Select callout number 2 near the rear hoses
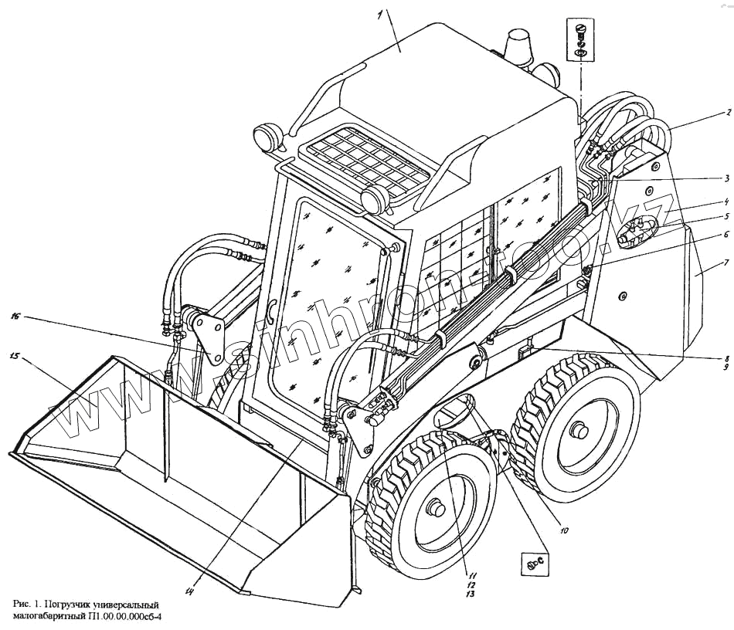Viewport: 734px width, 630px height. (x=727, y=113)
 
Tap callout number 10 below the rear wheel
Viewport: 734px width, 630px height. (x=564, y=531)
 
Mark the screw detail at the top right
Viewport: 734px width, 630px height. (x=580, y=40)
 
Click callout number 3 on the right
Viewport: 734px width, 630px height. (x=727, y=177)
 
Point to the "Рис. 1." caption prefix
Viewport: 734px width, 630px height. (x=29, y=603)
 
